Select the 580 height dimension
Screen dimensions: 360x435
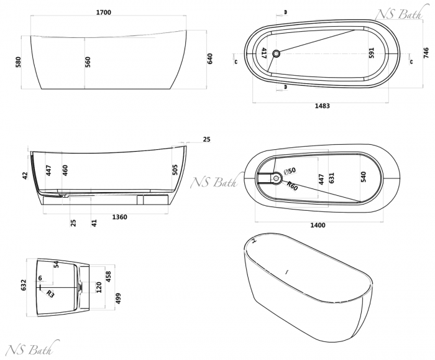pos(19,62)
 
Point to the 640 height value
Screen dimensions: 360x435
pos(210,58)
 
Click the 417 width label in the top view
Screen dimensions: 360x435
pos(264,53)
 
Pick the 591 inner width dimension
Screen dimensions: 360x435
pos(372,53)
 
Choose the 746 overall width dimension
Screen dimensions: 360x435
pos(426,53)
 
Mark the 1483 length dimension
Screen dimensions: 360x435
pos(322,106)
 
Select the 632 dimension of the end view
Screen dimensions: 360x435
pos(24,284)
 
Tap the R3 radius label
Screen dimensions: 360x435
pos(50,293)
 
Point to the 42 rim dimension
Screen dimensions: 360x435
pos(25,176)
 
